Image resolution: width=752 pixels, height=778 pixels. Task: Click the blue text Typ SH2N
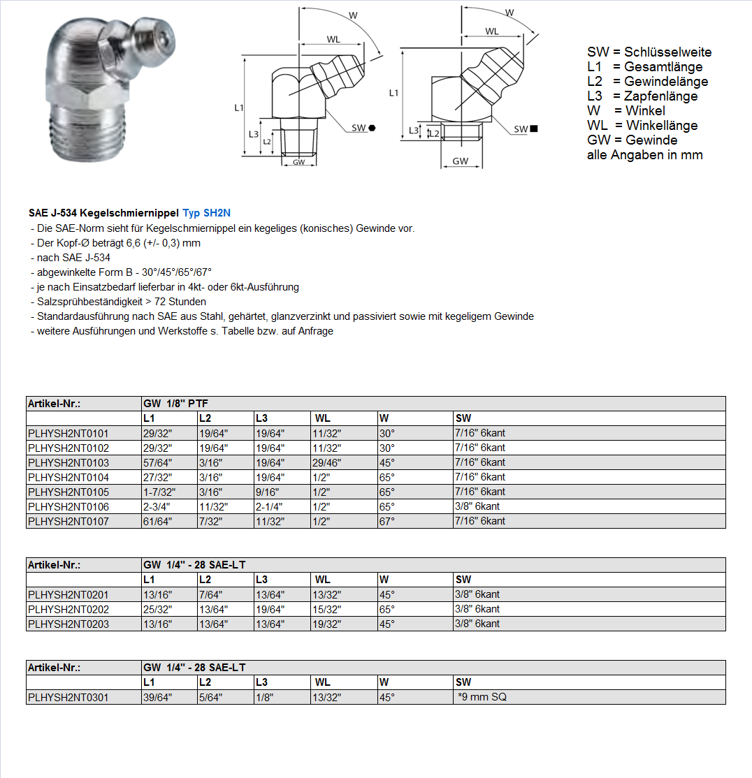tap(206, 213)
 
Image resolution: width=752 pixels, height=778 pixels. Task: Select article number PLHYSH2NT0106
tap(68, 506)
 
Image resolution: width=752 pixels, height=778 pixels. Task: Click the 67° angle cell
tap(387, 521)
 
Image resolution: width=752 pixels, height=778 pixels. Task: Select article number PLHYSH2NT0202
tap(68, 609)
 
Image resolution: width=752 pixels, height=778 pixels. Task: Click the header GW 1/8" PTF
tap(175, 404)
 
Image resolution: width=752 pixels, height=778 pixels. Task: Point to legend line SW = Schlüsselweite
tap(649, 52)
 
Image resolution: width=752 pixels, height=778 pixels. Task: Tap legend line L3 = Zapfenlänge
tap(642, 96)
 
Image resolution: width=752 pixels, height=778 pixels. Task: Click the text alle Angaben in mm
tap(644, 155)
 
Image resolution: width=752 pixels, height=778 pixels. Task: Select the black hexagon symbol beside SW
tap(373, 128)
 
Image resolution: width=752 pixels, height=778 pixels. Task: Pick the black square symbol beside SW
tap(534, 129)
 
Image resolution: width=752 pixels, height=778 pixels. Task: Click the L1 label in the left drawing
tap(238, 108)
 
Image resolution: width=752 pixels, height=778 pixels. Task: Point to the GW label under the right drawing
tap(460, 161)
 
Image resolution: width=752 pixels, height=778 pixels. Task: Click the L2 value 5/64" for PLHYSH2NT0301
tap(210, 697)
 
